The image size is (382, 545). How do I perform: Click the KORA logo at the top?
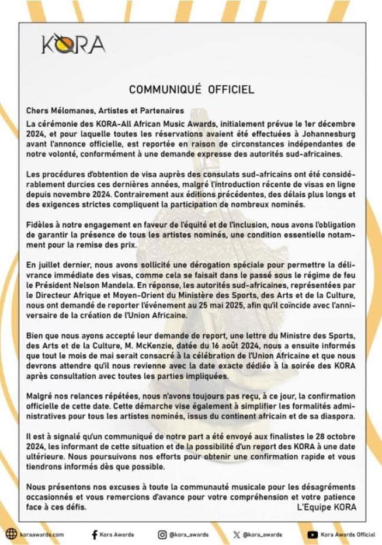(74, 44)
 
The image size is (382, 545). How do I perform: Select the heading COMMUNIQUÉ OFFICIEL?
(191, 89)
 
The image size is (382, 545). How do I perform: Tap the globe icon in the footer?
(10, 534)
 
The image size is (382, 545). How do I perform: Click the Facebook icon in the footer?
(95, 534)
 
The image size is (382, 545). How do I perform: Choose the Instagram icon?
(162, 534)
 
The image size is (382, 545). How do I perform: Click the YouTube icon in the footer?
(312, 534)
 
